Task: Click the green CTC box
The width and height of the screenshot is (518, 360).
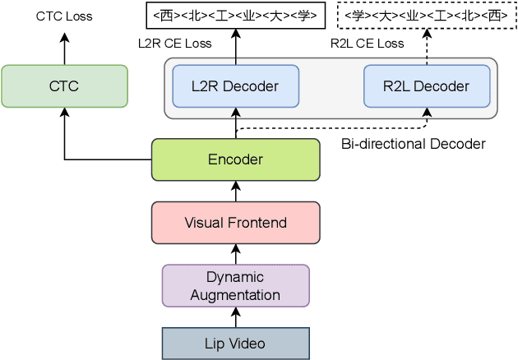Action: click(x=64, y=85)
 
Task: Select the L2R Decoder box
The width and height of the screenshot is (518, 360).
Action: click(x=235, y=86)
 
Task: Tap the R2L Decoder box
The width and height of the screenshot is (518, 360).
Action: click(x=427, y=86)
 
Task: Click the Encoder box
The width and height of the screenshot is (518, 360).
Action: click(x=235, y=159)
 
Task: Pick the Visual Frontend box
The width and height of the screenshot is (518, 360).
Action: click(x=235, y=222)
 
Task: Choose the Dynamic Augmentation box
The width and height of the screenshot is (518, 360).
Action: click(x=235, y=285)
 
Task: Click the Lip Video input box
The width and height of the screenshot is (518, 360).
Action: click(x=235, y=343)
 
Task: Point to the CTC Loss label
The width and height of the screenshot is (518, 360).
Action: click(x=64, y=16)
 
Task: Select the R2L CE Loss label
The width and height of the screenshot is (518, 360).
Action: click(x=367, y=43)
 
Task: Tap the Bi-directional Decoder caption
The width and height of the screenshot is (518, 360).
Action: click(x=413, y=144)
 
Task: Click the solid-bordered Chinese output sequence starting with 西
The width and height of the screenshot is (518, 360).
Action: click(x=235, y=16)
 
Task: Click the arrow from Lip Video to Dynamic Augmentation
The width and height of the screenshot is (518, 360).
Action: click(x=235, y=316)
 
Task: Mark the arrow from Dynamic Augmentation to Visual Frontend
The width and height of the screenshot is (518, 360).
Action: click(x=235, y=254)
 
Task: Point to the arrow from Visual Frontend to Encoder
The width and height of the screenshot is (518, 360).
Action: click(x=235, y=191)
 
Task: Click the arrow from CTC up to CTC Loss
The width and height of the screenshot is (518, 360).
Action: click(x=64, y=46)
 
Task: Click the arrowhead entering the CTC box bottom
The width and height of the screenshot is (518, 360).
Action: click(x=64, y=113)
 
